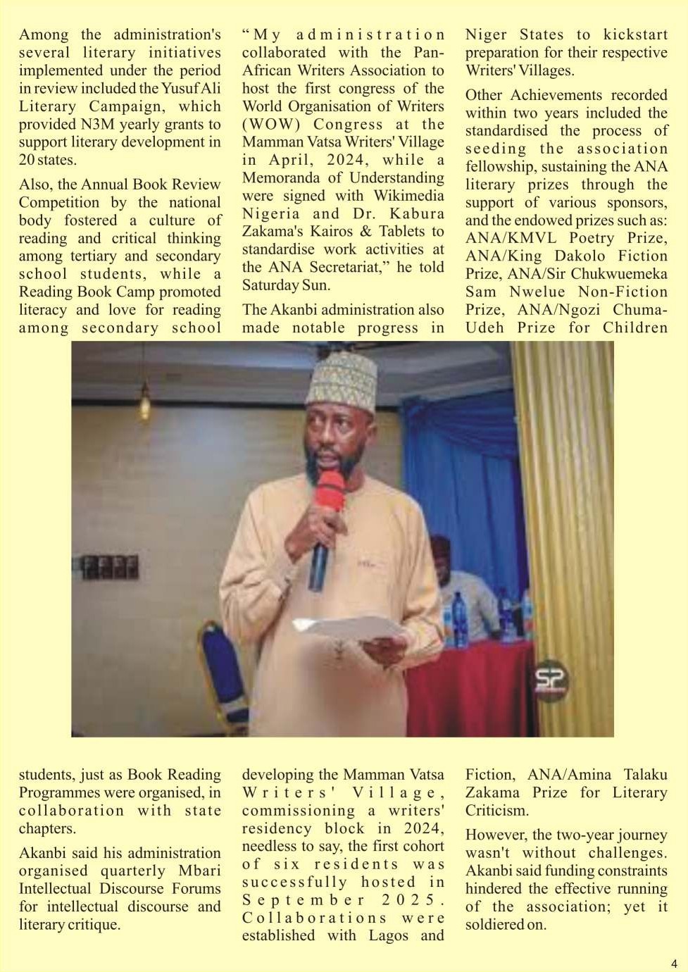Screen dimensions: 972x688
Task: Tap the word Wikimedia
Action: point(409,196)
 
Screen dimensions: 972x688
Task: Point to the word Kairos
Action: point(332,232)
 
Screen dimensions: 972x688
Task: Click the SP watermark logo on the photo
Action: point(551,680)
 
